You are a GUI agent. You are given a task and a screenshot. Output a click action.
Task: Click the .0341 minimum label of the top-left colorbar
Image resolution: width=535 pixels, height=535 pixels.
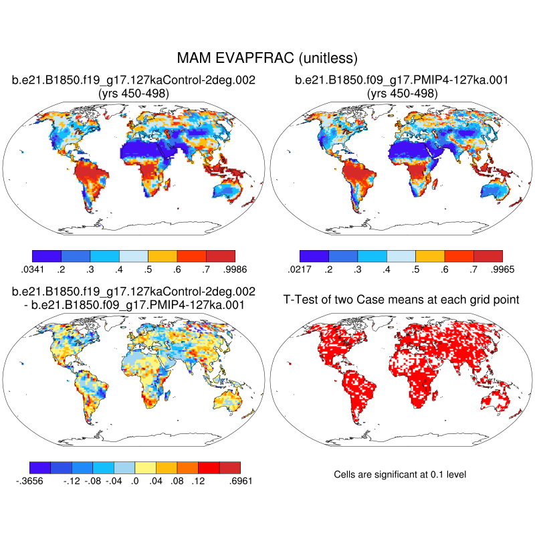32,269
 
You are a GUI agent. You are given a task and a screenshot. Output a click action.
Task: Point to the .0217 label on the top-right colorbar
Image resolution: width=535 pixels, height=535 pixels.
300,269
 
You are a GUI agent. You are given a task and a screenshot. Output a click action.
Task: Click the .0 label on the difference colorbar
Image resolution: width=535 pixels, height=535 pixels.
135,480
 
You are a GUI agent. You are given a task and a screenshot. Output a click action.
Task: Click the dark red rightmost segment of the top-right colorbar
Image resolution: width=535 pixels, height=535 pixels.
488,255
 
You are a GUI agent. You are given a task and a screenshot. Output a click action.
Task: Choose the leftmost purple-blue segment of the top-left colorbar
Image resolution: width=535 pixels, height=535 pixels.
47,255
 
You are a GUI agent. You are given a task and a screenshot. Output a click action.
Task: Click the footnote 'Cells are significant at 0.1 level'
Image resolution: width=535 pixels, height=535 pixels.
399,474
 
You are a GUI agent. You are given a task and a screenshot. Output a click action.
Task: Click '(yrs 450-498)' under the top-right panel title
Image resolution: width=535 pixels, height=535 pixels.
402,94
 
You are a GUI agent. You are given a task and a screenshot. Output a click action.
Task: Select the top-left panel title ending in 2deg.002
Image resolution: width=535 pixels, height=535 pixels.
134,81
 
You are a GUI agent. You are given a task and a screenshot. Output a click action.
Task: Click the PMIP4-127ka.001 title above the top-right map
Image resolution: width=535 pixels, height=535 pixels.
402,81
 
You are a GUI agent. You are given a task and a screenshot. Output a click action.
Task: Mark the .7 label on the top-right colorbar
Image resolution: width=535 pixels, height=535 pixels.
473,269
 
